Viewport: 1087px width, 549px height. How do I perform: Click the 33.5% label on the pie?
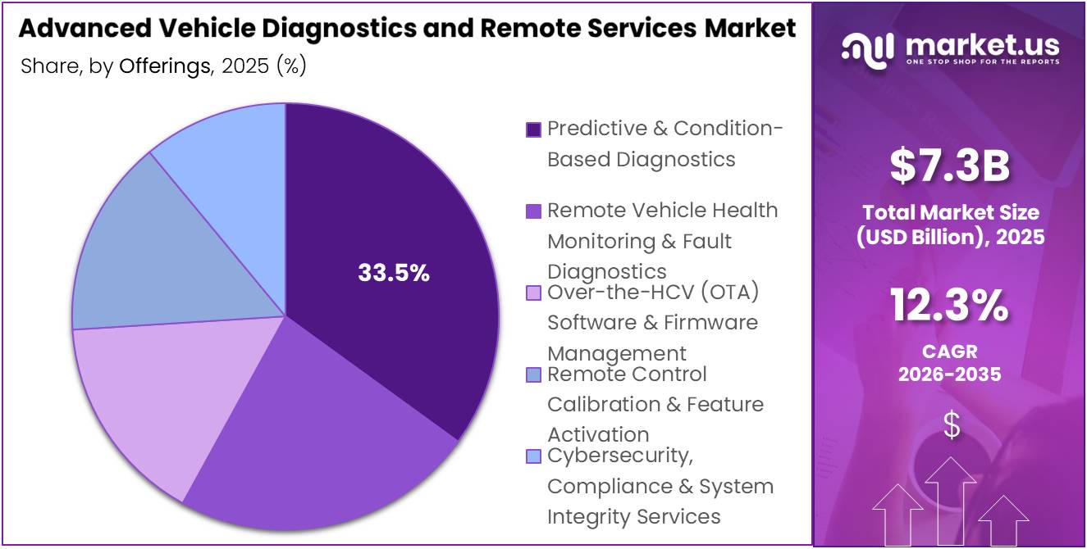point(394,274)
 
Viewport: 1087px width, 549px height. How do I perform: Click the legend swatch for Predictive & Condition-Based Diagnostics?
point(533,129)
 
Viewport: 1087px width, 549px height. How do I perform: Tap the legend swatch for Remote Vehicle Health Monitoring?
point(533,211)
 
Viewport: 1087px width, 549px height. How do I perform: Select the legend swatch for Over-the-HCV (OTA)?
point(533,293)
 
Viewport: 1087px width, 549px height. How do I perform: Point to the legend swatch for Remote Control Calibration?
point(533,374)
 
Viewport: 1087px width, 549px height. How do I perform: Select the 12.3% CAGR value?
point(950,306)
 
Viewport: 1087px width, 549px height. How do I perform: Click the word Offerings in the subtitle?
point(165,66)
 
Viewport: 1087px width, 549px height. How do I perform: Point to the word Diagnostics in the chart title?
point(327,29)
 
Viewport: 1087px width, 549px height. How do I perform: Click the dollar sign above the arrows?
point(951,425)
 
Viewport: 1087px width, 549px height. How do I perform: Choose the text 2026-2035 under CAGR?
point(950,374)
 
